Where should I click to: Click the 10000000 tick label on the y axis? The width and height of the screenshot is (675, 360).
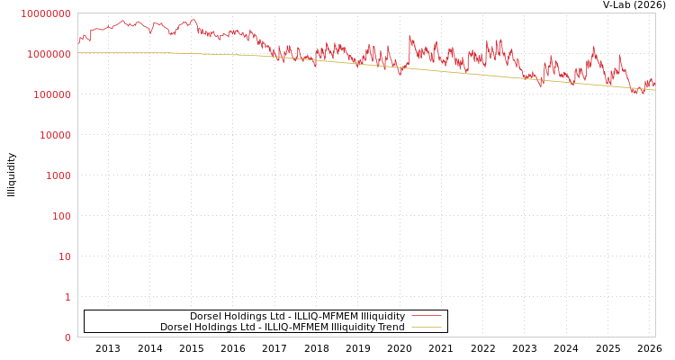tap(45, 13)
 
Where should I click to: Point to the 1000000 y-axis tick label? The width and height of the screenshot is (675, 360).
tap(48, 54)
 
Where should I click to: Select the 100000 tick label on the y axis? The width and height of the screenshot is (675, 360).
tap(50, 94)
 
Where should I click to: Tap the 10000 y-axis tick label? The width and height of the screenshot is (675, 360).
tap(53, 135)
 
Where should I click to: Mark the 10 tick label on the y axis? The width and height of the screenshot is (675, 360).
tap(63, 256)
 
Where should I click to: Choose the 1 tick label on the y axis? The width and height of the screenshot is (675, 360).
tap(67, 297)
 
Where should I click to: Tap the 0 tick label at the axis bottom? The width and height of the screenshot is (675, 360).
tap(67, 337)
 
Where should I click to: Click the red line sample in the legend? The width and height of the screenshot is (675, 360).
tap(426, 316)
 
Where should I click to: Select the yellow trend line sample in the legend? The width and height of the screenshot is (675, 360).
tap(426, 327)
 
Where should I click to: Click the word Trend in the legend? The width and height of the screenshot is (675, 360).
tap(391, 327)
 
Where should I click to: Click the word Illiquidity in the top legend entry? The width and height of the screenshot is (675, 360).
tap(382, 316)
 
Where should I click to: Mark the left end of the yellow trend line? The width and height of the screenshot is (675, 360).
tap(78, 52)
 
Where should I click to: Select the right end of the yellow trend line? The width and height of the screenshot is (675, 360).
tap(654, 89)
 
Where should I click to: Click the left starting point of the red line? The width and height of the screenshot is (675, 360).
tap(78, 42)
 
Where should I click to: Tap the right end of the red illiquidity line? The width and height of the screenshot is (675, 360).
tap(654, 84)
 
